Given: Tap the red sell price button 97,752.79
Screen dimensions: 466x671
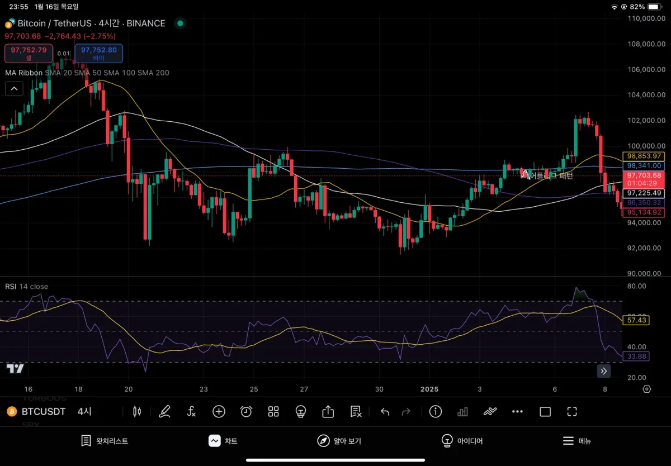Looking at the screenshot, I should pyautogui.click(x=29, y=53).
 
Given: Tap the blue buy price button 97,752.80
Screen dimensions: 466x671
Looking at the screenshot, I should pyautogui.click(x=98, y=53).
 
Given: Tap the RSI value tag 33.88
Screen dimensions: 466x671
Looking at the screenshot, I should pyautogui.click(x=637, y=356).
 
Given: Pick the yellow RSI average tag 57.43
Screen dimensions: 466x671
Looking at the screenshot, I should pyautogui.click(x=637, y=320).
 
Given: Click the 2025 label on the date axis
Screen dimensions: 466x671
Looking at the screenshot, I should pyautogui.click(x=429, y=389).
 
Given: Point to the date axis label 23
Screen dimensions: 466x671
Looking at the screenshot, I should pyautogui.click(x=204, y=389).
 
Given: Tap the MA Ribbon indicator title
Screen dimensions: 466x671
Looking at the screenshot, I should pyautogui.click(x=23, y=73).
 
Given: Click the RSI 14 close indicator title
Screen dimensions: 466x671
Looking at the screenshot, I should pyautogui.click(x=27, y=287).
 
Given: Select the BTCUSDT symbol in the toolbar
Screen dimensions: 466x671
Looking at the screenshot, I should pyautogui.click(x=43, y=412).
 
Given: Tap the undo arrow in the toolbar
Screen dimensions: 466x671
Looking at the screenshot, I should pyautogui.click(x=385, y=412).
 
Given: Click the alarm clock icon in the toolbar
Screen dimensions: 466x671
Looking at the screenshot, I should pyautogui.click(x=246, y=412).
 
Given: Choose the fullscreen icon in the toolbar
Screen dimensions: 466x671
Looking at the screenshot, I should pyautogui.click(x=571, y=412).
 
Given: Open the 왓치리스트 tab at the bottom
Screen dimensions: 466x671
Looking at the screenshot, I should pyautogui.click(x=105, y=441).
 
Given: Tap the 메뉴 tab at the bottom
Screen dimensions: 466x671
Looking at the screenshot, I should pyautogui.click(x=577, y=441).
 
